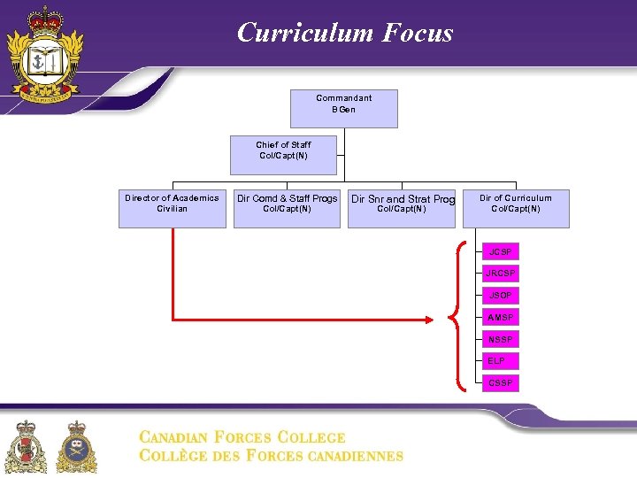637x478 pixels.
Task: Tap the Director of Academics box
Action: pyautogui.click(x=173, y=208)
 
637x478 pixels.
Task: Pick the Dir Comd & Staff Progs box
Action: pyautogui.click(x=287, y=208)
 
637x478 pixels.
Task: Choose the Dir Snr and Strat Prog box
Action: pyautogui.click(x=402, y=208)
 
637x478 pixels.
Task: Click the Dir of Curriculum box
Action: pyautogui.click(x=516, y=208)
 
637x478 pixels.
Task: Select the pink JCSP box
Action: pyautogui.click(x=501, y=252)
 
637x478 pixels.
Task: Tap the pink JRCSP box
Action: pyautogui.click(x=501, y=274)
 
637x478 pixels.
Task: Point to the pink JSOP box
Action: pyautogui.click(x=501, y=296)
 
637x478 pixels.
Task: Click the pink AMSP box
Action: pyautogui.click(x=501, y=318)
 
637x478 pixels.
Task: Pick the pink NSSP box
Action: pyautogui.click(x=501, y=340)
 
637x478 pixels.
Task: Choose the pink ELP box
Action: pyautogui.click(x=501, y=361)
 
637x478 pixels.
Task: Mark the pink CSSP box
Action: pyautogui.click(x=501, y=383)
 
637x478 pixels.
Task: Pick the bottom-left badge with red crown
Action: pyautogui.click(x=27, y=446)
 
